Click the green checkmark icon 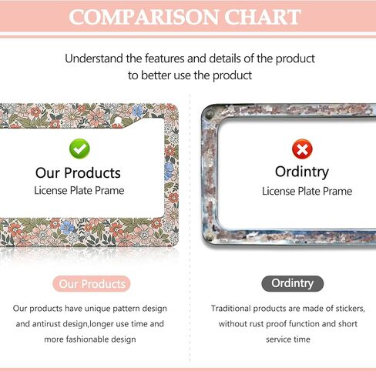pyautogui.click(x=79, y=149)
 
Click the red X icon pyautogui.click(x=302, y=149)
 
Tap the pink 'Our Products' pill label pyautogui.click(x=92, y=284)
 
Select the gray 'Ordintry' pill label pyautogui.click(x=293, y=283)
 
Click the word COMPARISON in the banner pyautogui.click(x=144, y=17)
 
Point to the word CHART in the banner pyautogui.click(x=262, y=17)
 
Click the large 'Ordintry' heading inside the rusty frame pyautogui.click(x=302, y=172)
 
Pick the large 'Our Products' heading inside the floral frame pyautogui.click(x=78, y=172)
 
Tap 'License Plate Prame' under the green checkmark pyautogui.click(x=79, y=191)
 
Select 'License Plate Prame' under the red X pyautogui.click(x=307, y=191)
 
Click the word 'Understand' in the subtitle pyautogui.click(x=94, y=58)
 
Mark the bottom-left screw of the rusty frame pyautogui.click(x=210, y=237)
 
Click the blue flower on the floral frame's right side pyautogui.click(x=169, y=170)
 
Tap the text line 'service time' pyautogui.click(x=288, y=339)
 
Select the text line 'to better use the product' pyautogui.click(x=190, y=75)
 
